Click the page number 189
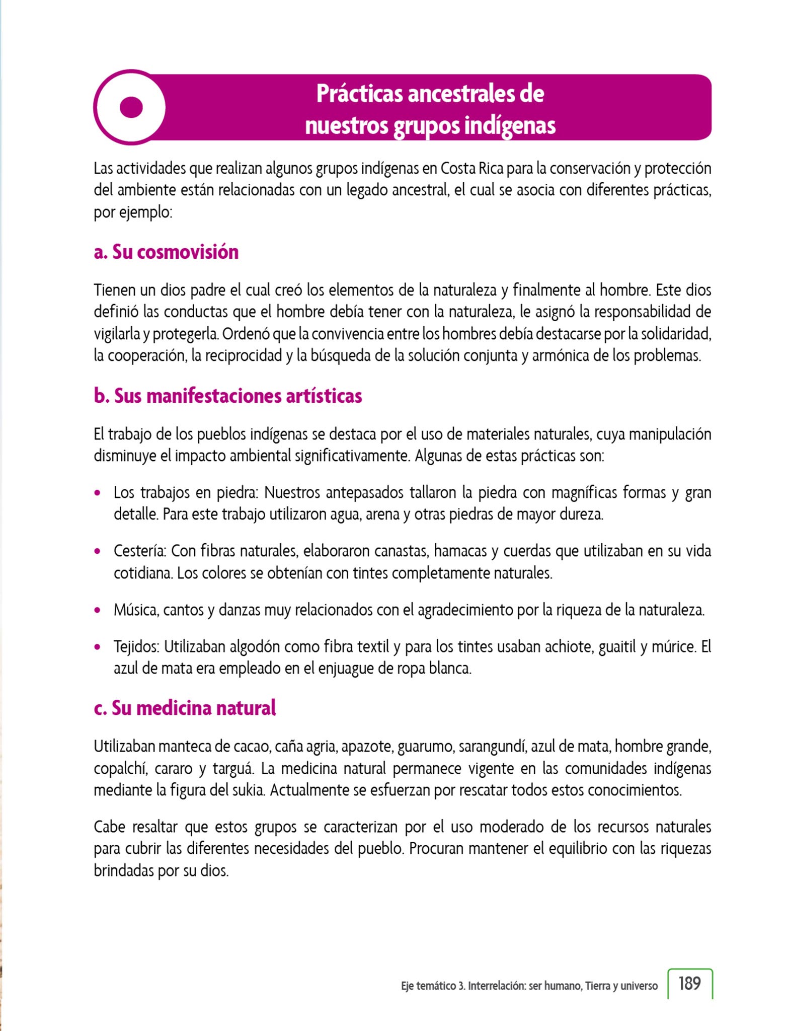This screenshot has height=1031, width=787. coord(689,983)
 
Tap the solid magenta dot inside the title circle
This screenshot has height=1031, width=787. coord(131,107)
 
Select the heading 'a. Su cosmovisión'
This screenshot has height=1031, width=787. coord(166,252)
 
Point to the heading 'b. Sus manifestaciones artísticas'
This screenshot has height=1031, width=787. coord(227,396)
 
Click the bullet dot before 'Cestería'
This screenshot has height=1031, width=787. coord(98,551)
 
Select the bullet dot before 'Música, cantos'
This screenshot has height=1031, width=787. coord(98,610)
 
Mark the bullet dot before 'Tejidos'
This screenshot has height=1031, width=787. coord(98,647)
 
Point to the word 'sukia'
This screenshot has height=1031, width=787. coord(249,790)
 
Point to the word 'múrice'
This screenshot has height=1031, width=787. coord(674,646)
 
